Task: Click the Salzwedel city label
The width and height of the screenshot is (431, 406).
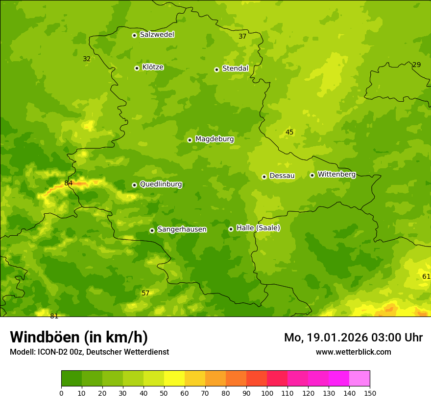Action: [x=157, y=35]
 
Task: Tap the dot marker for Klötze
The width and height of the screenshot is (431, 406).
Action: [x=137, y=68]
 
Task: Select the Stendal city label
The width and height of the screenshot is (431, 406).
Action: [x=235, y=68]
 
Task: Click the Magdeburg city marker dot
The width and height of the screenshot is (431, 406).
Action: [x=190, y=140]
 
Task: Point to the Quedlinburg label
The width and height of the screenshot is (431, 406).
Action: [x=161, y=184]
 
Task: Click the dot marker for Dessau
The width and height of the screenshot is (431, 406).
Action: [x=264, y=177]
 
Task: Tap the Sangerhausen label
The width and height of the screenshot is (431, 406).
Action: [x=182, y=229]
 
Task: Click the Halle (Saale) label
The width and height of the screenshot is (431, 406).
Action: [x=258, y=228]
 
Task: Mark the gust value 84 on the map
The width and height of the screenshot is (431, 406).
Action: [x=69, y=183]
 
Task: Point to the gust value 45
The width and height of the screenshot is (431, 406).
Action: [x=289, y=132]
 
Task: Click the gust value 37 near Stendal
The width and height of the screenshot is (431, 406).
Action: [x=242, y=36]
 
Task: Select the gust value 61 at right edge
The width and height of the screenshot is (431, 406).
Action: [x=426, y=276]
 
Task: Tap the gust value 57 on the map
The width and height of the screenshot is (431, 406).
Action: [x=145, y=293]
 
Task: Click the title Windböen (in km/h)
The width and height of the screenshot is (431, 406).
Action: [x=79, y=337]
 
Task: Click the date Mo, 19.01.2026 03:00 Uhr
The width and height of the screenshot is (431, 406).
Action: [x=353, y=338]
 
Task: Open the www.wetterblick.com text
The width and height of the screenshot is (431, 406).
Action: [x=353, y=352]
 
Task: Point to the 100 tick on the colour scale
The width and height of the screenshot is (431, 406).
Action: [x=267, y=393]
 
